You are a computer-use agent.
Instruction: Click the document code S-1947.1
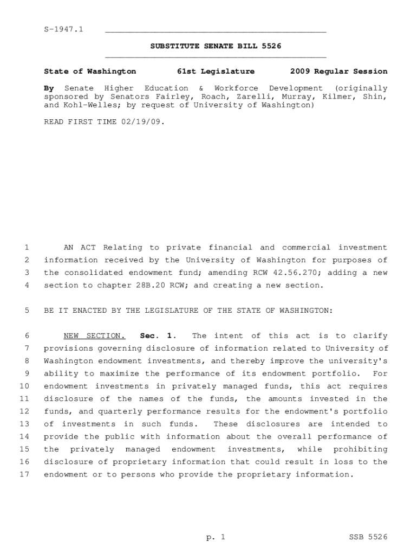pos(63,29)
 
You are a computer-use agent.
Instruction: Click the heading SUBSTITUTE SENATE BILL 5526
pos(216,47)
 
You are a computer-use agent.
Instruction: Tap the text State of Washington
pos(90,72)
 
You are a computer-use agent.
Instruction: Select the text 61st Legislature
pos(216,72)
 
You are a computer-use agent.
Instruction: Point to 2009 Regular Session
pos(338,72)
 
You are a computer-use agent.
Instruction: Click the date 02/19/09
pos(143,122)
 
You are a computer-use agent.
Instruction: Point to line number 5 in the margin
pos(27,311)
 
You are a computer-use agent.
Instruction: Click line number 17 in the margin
pos(24,475)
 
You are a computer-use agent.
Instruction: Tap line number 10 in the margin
pos(24,386)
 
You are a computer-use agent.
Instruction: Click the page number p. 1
pos(215,537)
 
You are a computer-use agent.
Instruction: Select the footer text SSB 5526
pos(368,537)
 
